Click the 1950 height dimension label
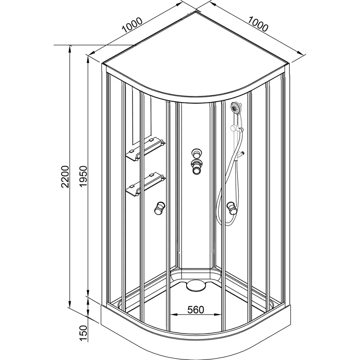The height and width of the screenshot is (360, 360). tap(83, 176)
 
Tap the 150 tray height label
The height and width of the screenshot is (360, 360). tap(83, 333)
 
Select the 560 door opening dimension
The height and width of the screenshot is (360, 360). tap(195, 310)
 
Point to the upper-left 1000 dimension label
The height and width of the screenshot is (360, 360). tap(132, 25)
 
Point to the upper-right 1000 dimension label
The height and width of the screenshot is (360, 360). tap(258, 24)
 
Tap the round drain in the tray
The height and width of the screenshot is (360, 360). tap(195, 285)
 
